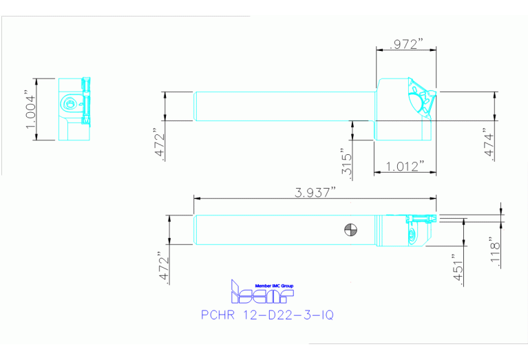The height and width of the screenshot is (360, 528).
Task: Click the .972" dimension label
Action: click(x=405, y=44)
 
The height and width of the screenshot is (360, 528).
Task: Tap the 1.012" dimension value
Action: click(x=405, y=167)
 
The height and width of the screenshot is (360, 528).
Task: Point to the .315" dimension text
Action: click(x=346, y=162)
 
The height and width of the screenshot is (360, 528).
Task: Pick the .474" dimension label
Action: click(x=490, y=144)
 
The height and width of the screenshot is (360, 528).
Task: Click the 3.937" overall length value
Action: click(x=315, y=193)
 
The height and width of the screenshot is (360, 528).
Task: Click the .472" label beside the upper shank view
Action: click(x=159, y=144)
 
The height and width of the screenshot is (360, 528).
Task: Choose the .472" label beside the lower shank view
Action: click(x=163, y=266)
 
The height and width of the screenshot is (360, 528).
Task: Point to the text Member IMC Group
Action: click(x=273, y=285)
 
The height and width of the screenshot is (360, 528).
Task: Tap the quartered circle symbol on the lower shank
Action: click(x=350, y=229)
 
